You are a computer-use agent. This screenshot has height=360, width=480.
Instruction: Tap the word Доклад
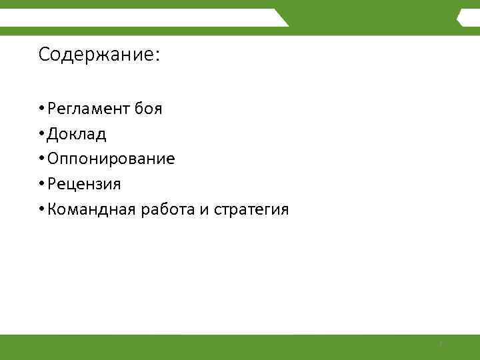[x=77, y=134]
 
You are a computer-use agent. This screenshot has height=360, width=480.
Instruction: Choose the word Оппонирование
[x=111, y=159]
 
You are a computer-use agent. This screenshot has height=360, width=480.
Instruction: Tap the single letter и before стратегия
[x=203, y=211]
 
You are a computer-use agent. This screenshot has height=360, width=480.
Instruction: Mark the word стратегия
[x=251, y=211]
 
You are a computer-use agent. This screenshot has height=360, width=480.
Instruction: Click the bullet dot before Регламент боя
[x=41, y=109]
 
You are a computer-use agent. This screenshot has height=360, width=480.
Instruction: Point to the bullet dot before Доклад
[x=41, y=134]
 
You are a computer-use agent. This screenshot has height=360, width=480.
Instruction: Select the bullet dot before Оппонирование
[x=41, y=159]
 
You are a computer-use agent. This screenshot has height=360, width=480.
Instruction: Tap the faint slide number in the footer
[x=441, y=345]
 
